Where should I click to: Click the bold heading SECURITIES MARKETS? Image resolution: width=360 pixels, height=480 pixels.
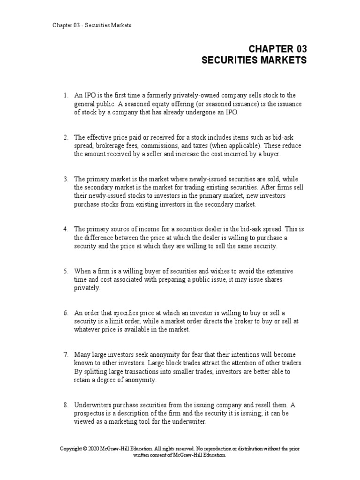click(x=254, y=60)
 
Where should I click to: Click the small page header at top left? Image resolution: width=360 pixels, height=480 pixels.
click(x=92, y=25)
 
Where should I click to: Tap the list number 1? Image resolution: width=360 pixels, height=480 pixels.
click(x=66, y=96)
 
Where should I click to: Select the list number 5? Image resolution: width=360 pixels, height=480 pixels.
click(x=66, y=271)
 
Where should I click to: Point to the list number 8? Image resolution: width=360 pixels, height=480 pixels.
click(x=66, y=405)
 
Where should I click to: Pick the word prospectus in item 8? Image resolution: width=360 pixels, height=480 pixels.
click(x=90, y=413)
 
